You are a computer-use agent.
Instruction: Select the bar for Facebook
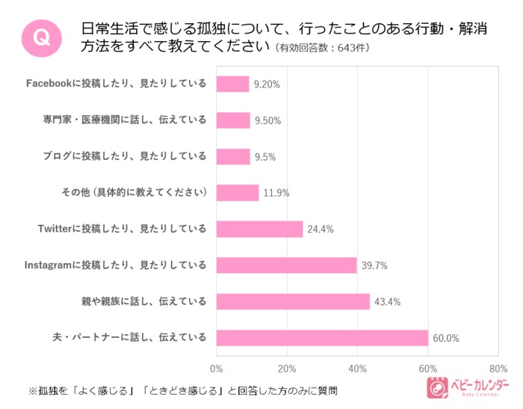232,84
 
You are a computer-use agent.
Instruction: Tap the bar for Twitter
259,229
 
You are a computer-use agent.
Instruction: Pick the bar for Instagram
286,265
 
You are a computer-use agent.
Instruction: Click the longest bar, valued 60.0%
322,337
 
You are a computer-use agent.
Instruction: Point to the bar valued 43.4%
293,301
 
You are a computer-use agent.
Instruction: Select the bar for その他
238,192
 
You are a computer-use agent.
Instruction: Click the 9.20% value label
266,84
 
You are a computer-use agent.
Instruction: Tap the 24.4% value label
321,229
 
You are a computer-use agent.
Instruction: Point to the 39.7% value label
374,265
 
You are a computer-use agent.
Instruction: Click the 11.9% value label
276,193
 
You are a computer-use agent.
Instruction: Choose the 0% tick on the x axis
217,369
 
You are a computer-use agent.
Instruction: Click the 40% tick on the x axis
357,369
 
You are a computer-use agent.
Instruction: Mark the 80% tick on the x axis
498,369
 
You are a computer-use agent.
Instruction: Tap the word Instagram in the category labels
49,265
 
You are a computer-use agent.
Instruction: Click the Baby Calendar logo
466,387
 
